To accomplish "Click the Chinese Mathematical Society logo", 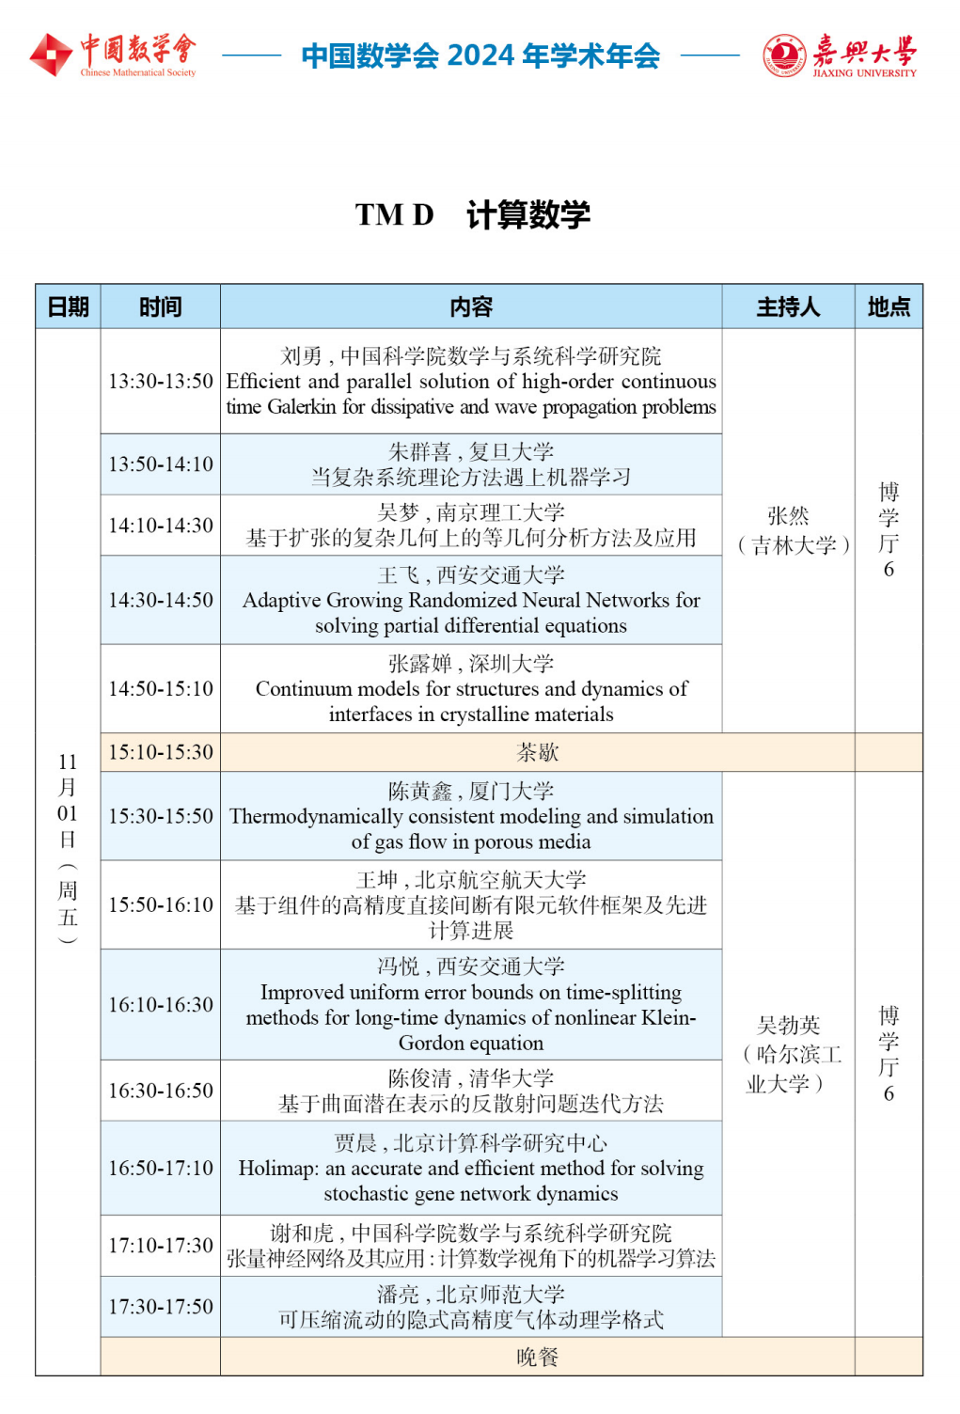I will (113, 55).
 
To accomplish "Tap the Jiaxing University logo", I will (839, 55).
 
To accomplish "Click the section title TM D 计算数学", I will (473, 214).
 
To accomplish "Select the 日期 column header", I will (68, 307).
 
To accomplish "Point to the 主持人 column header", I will (788, 307).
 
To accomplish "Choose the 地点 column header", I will (889, 307).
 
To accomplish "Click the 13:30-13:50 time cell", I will (161, 382).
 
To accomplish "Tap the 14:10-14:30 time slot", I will (161, 526).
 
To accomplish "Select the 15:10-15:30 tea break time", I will (161, 752).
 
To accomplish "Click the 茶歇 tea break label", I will (538, 752).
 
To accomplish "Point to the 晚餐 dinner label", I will (538, 1357).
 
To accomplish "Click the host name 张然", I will (788, 516).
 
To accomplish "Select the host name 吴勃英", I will (788, 1026).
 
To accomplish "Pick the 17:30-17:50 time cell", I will (161, 1307).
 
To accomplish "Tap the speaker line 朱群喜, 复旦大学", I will (471, 452).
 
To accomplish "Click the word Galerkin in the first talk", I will (302, 407).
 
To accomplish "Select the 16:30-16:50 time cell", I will (161, 1091).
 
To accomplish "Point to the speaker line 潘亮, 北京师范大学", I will (471, 1295).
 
